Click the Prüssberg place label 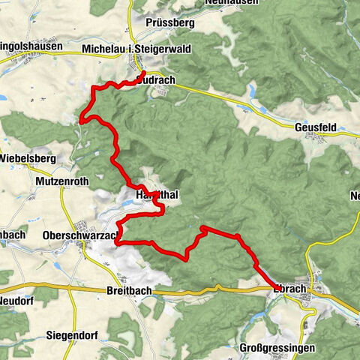[171, 23]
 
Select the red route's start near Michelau [142, 72]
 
